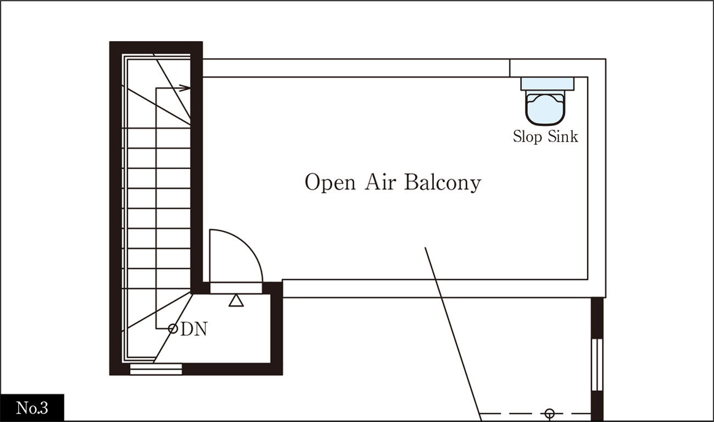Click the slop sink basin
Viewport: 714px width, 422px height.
(x=545, y=108)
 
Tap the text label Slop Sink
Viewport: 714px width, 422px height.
(x=545, y=136)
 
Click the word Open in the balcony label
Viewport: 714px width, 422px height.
(x=330, y=182)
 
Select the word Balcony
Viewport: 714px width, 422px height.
(x=443, y=182)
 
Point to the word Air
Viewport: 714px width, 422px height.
(x=380, y=182)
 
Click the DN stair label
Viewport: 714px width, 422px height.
(x=194, y=329)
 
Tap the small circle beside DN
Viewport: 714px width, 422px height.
(x=173, y=329)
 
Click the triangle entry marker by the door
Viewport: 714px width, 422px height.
(x=236, y=301)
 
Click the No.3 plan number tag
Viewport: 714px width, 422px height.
(x=32, y=408)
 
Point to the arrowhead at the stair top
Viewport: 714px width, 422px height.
(x=185, y=88)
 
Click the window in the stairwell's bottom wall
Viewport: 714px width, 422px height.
(x=156, y=369)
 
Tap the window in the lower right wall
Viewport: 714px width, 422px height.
(x=597, y=365)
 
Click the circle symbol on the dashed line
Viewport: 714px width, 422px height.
(x=549, y=414)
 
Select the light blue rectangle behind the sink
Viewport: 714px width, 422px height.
(x=547, y=84)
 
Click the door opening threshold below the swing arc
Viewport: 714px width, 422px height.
(x=236, y=288)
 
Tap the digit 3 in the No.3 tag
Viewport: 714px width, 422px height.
(x=44, y=408)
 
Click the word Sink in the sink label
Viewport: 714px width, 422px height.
(x=563, y=136)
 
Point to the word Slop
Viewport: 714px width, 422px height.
(x=527, y=137)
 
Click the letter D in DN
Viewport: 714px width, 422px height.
(x=187, y=329)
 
